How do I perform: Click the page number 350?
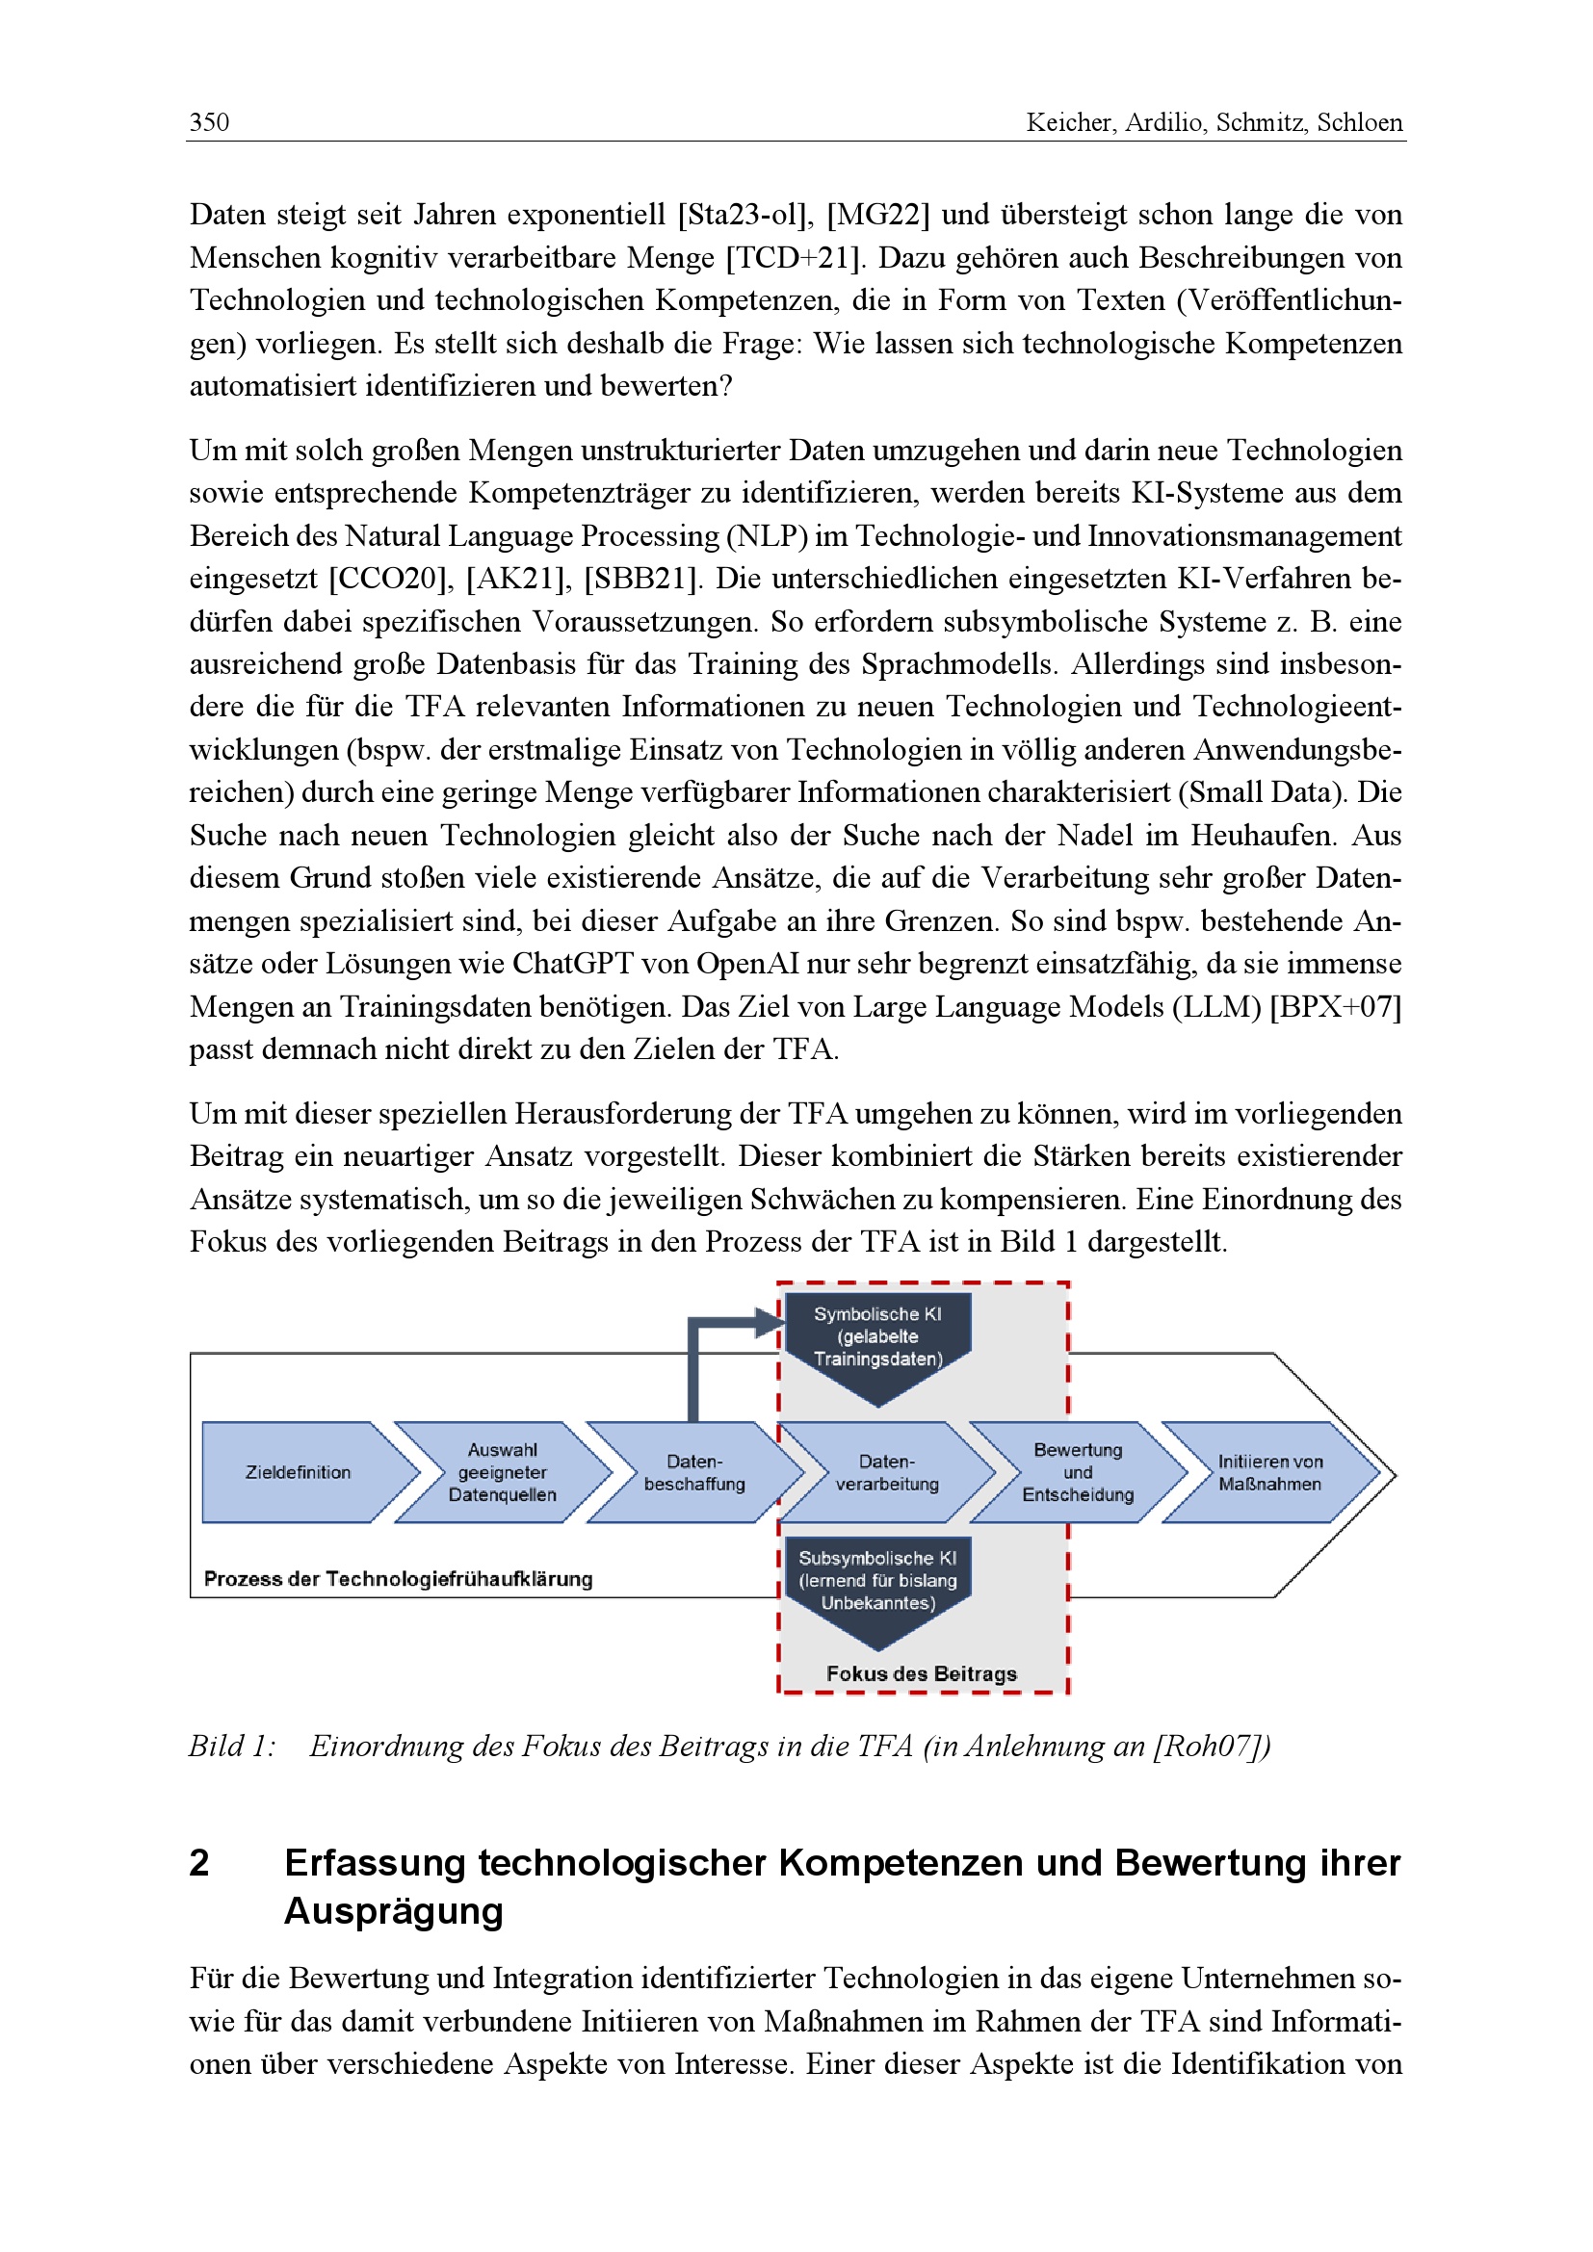click(x=209, y=122)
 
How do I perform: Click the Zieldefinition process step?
click(x=299, y=1472)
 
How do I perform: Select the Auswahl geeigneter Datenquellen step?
click(x=502, y=1472)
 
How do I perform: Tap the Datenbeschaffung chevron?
click(x=693, y=1472)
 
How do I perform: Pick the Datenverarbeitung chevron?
click(x=887, y=1472)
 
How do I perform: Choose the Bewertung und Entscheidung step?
click(x=1077, y=1472)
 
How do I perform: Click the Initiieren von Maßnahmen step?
click(x=1269, y=1472)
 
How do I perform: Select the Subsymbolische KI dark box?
click(x=877, y=1581)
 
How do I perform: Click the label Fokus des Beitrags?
click(x=921, y=1673)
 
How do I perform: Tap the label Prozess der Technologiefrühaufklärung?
click(x=399, y=1578)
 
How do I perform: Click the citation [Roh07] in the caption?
click(x=1211, y=1746)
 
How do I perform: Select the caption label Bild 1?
click(x=232, y=1746)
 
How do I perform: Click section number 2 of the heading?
click(x=199, y=1863)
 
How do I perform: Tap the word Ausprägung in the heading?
click(x=393, y=1910)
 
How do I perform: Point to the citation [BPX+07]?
click(x=1335, y=1006)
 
